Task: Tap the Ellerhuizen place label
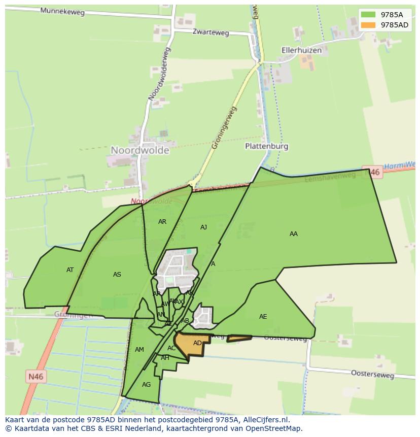pyautogui.click(x=302, y=50)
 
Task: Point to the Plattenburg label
pyautogui.click(x=266, y=146)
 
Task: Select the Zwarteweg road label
pyautogui.click(x=211, y=32)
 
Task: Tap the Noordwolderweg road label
pyautogui.click(x=159, y=73)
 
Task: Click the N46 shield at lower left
pyautogui.click(x=35, y=376)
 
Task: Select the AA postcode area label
pyautogui.click(x=293, y=234)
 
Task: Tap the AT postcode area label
pyautogui.click(x=70, y=270)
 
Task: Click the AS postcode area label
pyautogui.click(x=117, y=275)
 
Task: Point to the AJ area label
pyautogui.click(x=203, y=227)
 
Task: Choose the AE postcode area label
pyautogui.click(x=263, y=317)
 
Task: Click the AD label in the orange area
pyautogui.click(x=197, y=343)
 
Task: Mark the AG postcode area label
pyautogui.click(x=146, y=385)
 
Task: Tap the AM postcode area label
pyautogui.click(x=139, y=350)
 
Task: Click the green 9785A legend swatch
pyautogui.click(x=369, y=15)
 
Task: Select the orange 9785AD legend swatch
pyautogui.click(x=369, y=25)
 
